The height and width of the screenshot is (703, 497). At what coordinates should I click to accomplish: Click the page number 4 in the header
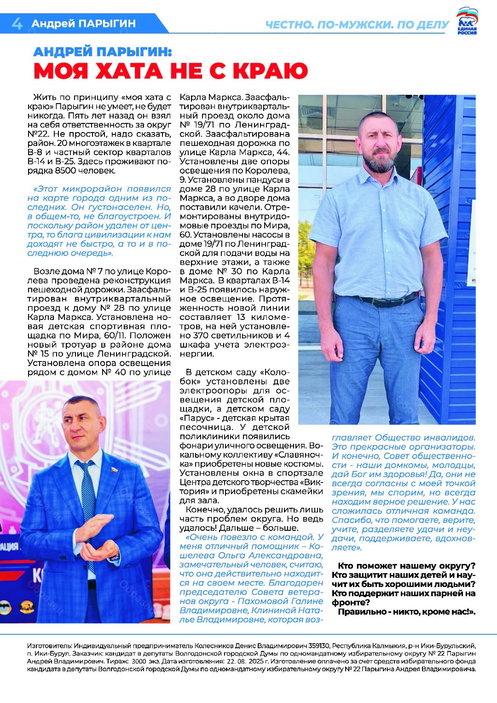17,23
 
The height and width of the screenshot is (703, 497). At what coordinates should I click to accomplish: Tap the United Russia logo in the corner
467,22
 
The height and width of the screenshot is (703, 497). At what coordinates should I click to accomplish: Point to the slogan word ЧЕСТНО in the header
289,25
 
